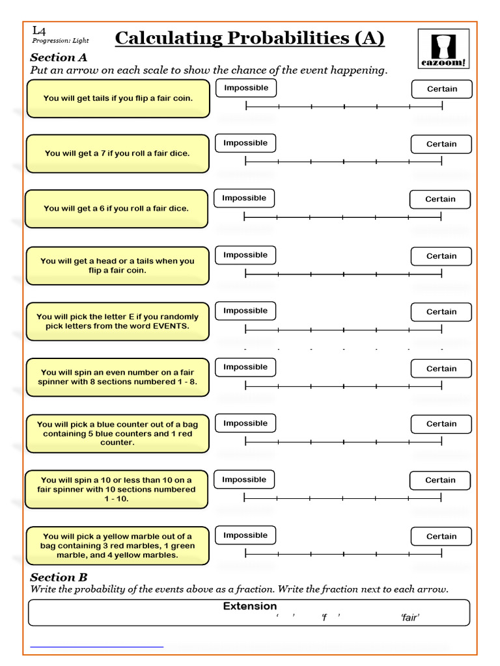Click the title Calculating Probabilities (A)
(x=249, y=39)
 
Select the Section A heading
(x=59, y=57)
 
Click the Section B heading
(x=59, y=577)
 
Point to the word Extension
(x=250, y=606)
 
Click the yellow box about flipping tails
(x=118, y=99)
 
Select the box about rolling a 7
(x=118, y=153)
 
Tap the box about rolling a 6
(x=117, y=209)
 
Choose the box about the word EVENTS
(x=118, y=321)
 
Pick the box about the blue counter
(x=118, y=433)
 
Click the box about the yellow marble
(x=118, y=546)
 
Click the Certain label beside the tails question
(x=441, y=89)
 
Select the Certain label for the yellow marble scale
(x=441, y=537)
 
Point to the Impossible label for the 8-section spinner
(x=245, y=367)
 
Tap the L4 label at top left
(x=39, y=30)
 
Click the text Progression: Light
(x=61, y=41)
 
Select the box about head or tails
(x=118, y=265)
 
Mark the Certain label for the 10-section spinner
(x=440, y=481)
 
